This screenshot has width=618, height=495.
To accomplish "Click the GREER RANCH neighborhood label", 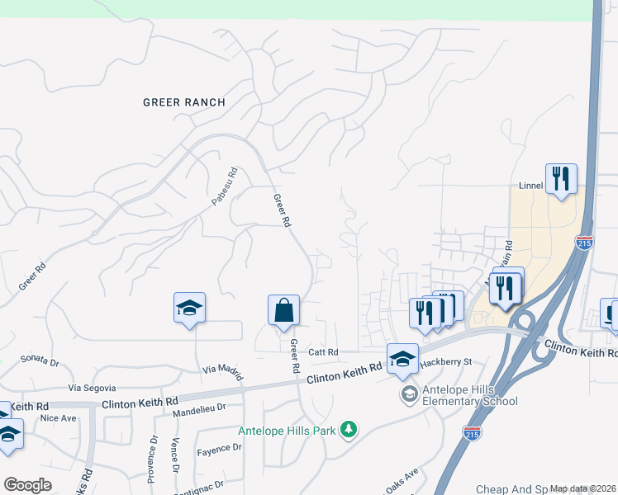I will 183,102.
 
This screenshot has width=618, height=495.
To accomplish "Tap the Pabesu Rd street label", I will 224,186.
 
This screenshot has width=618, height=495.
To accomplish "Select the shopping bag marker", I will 283,311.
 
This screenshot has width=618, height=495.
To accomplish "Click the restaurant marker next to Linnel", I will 561,178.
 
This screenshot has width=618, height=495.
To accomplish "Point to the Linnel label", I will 529,186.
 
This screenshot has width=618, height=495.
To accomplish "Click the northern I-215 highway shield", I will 584,243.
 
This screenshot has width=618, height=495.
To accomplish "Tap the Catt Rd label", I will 324,352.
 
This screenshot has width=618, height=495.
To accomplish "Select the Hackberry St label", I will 444,362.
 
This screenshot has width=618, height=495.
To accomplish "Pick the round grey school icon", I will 409,394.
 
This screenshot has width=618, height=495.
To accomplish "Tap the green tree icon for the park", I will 349,428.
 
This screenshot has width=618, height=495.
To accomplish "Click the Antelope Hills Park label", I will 288,431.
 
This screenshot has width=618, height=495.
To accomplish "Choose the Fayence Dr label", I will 219,449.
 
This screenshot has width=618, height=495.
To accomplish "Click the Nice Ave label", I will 58,418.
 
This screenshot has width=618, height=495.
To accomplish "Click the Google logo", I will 27,485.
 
